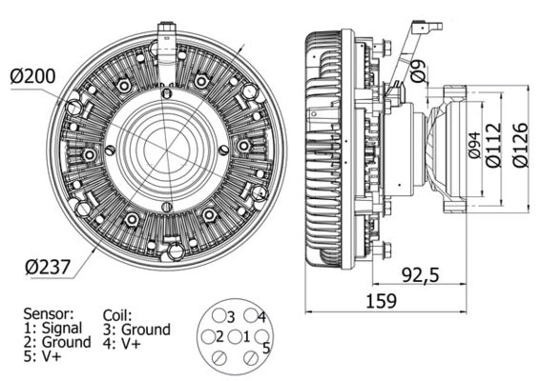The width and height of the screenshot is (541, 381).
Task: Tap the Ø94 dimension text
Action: (x=474, y=144)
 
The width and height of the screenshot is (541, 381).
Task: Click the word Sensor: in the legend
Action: (x=50, y=311)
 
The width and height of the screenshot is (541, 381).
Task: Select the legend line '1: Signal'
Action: (x=54, y=327)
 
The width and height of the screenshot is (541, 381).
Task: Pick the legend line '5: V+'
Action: (x=43, y=355)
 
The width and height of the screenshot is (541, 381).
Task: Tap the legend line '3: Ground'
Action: (x=135, y=330)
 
